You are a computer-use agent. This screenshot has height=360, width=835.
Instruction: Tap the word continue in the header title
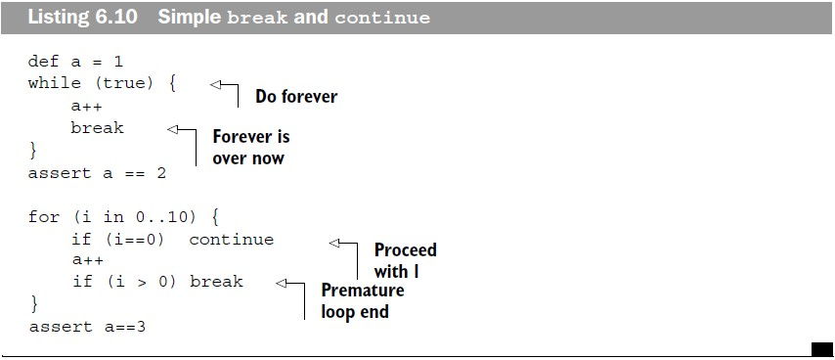(382, 19)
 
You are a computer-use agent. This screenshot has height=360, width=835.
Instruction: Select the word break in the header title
(257, 18)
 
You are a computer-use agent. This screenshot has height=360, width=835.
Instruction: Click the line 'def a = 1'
(75, 62)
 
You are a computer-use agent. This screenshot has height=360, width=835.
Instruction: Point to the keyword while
(55, 83)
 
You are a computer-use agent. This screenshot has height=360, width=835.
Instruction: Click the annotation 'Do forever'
(296, 97)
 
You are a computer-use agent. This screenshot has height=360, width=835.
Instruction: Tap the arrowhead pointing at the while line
(215, 84)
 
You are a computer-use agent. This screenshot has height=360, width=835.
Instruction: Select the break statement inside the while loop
(97, 128)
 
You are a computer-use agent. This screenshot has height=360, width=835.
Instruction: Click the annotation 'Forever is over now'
(251, 148)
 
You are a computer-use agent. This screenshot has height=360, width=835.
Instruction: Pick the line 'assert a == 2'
(97, 173)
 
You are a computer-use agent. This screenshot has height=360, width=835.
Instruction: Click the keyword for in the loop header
(44, 218)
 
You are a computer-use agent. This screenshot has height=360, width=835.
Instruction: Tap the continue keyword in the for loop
(231, 240)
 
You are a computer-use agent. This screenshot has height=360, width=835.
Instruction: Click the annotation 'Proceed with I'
(405, 260)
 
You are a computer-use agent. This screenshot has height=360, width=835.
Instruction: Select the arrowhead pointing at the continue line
(334, 243)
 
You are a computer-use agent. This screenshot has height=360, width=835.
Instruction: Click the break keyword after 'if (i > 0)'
(216, 281)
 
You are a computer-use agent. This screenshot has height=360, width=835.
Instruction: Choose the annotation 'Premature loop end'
(363, 301)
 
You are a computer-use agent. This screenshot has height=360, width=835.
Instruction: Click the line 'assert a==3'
(87, 327)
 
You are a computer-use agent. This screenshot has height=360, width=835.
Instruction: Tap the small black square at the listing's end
(821, 349)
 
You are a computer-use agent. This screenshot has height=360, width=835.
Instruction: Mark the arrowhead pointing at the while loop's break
(172, 129)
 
